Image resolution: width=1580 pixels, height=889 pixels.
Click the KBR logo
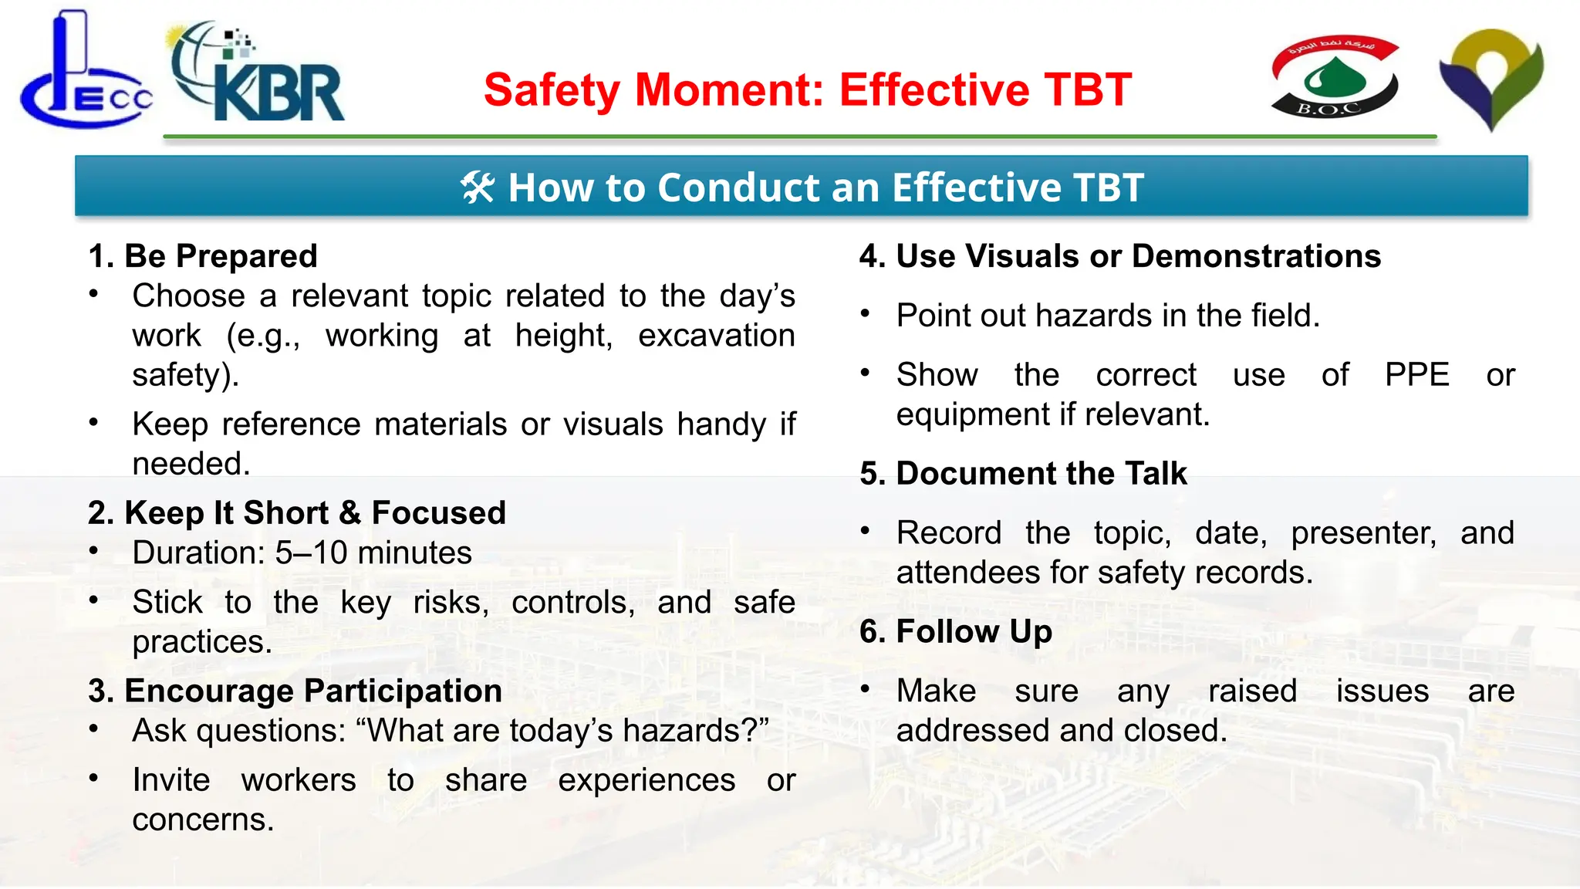tap(258, 73)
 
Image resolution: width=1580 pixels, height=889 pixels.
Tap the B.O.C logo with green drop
tap(1335, 77)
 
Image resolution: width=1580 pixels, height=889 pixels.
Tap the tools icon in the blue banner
tap(477, 188)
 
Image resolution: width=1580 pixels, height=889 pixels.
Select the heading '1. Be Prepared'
tap(203, 256)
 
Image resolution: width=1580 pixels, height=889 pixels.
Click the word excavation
tap(716, 336)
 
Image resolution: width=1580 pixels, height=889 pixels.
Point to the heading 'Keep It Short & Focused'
tap(297, 513)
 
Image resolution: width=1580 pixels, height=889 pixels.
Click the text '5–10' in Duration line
tap(312, 553)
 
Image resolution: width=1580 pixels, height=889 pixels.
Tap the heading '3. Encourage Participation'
tap(295, 691)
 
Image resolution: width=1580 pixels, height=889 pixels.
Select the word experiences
tap(647, 780)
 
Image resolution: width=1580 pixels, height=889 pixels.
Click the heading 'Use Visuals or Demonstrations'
tap(1120, 256)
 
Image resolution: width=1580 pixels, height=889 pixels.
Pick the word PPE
tap(1416, 375)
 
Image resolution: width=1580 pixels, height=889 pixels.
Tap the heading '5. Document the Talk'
tap(1024, 474)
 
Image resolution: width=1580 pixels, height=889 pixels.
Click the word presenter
tap(1363, 533)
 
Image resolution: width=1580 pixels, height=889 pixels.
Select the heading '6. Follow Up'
tap(956, 632)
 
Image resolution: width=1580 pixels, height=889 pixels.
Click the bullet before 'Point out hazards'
tap(866, 313)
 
